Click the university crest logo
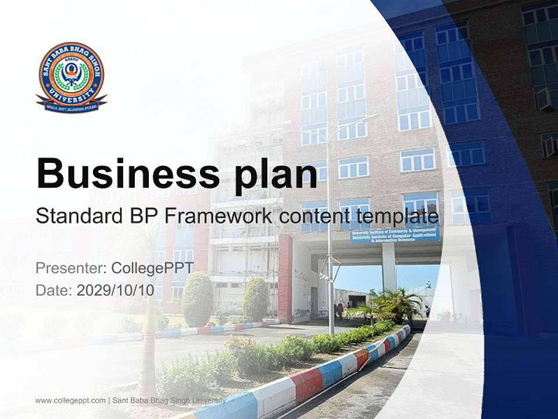click(71, 77)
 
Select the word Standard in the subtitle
click(77, 216)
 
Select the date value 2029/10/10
click(116, 290)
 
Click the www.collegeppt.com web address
click(70, 400)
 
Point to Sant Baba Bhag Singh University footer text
click(169, 400)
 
